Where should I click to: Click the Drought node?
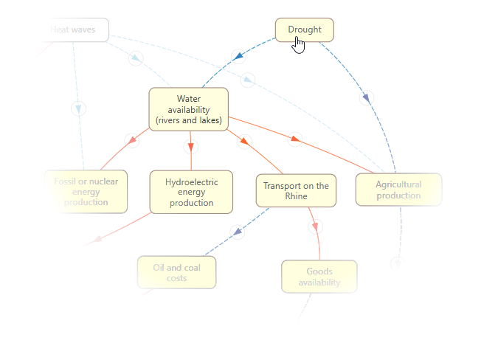coord(304,30)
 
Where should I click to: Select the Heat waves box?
coord(73,30)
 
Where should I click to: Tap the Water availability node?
coord(188,109)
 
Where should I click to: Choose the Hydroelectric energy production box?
coord(191,192)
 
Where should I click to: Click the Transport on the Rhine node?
coord(296,191)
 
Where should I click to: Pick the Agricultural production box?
coord(398,190)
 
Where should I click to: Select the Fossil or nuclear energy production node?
coord(86,192)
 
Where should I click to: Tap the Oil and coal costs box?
coord(176,273)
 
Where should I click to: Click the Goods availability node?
coord(319,277)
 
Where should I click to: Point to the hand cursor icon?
coord(298,46)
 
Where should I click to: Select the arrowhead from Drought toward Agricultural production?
coord(366,97)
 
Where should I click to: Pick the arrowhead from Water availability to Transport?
coord(243,141)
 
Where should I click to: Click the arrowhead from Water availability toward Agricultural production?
coord(295,138)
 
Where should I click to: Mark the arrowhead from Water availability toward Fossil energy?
coord(132,139)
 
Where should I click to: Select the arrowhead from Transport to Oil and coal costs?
coord(237,232)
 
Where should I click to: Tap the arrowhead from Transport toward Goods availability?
coord(316,225)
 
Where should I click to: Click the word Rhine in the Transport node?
coord(296,197)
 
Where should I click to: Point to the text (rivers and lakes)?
coord(188,120)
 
